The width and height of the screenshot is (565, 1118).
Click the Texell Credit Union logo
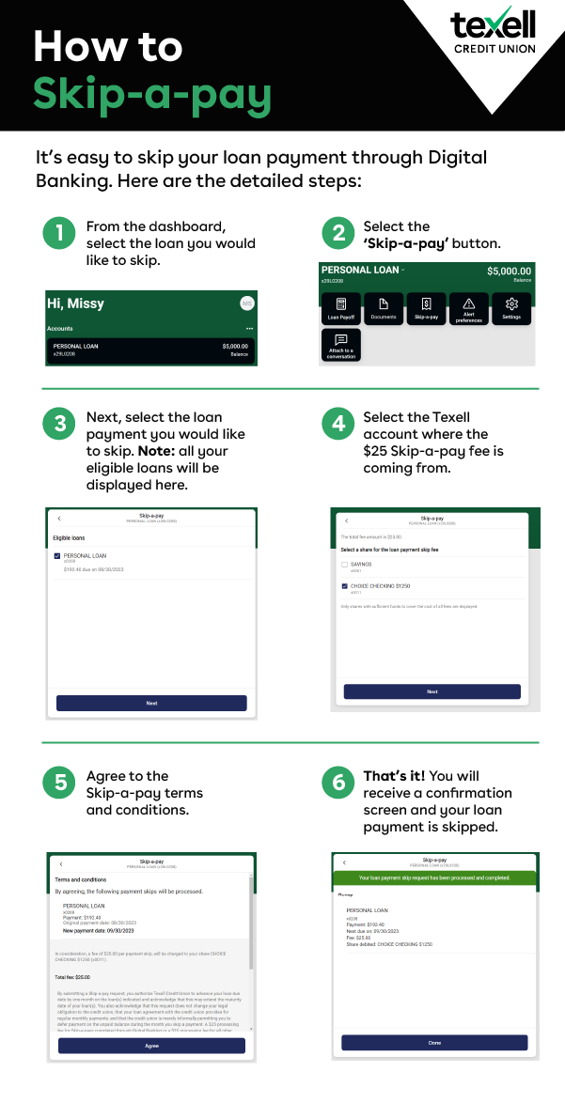tap(493, 34)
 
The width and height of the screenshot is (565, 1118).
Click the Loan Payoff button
tap(341, 308)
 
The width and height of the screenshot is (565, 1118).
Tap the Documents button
tap(384, 308)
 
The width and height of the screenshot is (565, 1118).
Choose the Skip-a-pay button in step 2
tap(426, 308)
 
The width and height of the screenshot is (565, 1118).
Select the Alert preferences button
tap(468, 308)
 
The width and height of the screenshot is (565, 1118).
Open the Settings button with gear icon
tap(511, 308)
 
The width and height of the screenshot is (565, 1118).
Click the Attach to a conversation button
tap(341, 346)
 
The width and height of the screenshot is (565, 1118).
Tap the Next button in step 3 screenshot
tap(151, 703)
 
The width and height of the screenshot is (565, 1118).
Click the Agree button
tap(151, 1046)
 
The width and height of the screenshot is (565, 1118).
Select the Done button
tap(434, 1043)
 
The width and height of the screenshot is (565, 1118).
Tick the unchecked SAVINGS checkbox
tap(345, 565)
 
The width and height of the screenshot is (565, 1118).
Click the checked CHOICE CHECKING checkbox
tap(345, 586)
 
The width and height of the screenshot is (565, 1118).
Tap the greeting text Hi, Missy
tap(75, 303)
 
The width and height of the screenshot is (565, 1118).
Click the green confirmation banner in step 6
tap(435, 877)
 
